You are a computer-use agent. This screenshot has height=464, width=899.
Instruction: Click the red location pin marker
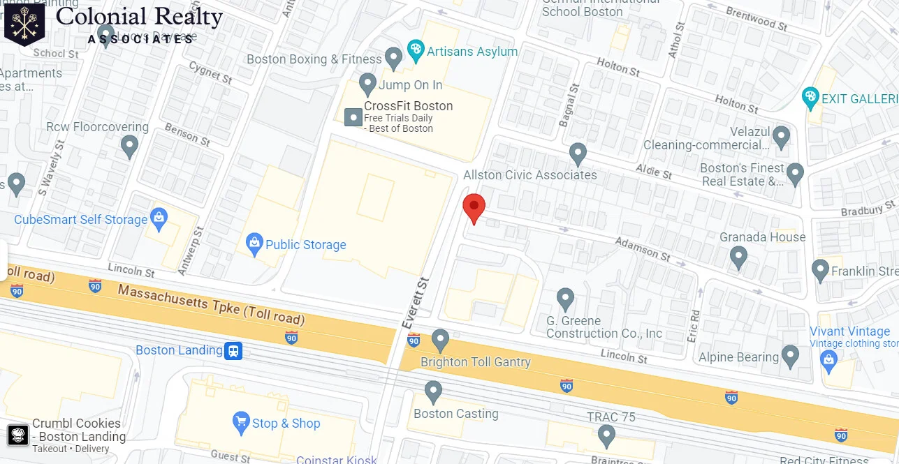474,207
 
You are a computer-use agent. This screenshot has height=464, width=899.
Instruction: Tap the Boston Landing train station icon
233,350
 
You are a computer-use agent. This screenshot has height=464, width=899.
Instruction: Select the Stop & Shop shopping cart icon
241,421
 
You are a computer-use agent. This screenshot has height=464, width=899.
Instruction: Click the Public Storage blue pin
255,244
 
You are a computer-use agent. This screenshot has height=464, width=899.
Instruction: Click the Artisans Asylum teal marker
416,50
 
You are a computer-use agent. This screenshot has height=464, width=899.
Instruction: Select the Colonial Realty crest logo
24,24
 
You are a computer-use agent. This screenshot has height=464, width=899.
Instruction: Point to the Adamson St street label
642,248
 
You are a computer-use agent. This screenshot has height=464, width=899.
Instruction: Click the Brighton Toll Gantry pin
440,340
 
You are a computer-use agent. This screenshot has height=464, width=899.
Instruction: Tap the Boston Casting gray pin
434,391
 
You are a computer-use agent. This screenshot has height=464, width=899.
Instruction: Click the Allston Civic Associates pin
578,153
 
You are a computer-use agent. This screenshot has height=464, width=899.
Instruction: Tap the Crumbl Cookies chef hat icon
18,435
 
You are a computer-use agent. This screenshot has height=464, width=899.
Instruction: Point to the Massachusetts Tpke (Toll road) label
211,304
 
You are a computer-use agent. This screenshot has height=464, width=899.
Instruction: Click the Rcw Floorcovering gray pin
129,146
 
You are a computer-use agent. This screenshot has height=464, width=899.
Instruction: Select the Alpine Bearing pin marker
791,356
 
